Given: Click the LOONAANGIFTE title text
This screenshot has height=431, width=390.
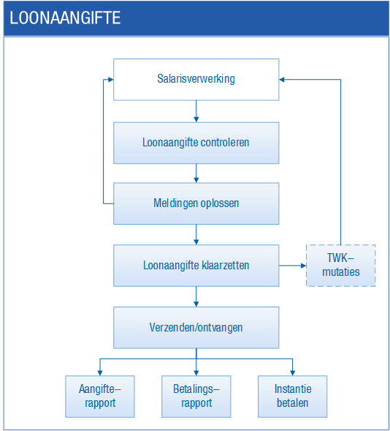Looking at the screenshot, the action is coord(65,18).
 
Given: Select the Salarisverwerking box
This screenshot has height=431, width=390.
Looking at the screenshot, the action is coord(196,80).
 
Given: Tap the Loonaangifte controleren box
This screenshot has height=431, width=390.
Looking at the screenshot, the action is coord(196,143).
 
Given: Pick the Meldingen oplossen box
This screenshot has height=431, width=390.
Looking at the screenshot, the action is coord(196,203).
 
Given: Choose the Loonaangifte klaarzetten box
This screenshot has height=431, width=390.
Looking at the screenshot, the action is coord(196,266).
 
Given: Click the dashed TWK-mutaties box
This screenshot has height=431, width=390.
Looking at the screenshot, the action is coord(340,266).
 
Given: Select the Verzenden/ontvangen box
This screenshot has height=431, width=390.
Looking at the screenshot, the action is coord(196,328).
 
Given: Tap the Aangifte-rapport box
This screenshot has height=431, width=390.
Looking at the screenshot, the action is coord(100,397).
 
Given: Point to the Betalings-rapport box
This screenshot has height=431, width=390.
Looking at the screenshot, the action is coord(196,397).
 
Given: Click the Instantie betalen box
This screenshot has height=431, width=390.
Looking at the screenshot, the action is coord(292,397).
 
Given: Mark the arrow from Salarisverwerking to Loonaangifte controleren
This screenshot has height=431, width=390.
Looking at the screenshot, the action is coord(196,111).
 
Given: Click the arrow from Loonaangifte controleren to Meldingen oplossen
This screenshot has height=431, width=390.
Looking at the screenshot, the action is coord(196,173).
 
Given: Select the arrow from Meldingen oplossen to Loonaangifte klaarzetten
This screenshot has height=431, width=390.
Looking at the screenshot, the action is coord(196,234).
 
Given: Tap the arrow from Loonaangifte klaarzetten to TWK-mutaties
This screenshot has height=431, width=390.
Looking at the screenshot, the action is coord(293,266).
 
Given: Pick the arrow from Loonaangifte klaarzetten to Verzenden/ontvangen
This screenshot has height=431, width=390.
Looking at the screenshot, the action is coord(196,296).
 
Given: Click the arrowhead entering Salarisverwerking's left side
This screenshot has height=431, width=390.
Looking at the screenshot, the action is coord(111,80).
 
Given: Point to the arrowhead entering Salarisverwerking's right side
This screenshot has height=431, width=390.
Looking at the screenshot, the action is coord(282,80).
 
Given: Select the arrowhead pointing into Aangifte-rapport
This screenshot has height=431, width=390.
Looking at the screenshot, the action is coord(100,373).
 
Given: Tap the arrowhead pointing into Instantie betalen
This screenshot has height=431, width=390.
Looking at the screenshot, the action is coord(292,373).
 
